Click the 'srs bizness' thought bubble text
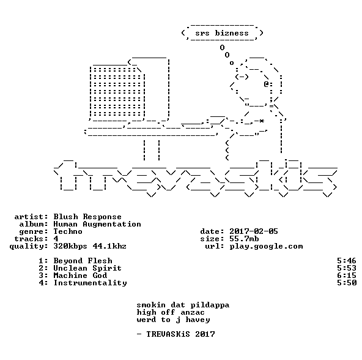222,33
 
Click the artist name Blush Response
87,217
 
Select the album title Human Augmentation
97,224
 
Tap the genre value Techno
68,231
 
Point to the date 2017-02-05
254,231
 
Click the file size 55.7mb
244,239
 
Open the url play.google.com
266,247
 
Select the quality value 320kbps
70,247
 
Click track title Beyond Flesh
83,261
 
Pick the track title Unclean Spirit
87,268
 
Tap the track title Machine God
80,276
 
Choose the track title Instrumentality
90,283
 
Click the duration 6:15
347,276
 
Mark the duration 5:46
347,261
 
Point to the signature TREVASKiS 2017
180,334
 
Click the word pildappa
210,306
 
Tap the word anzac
193,313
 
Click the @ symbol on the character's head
266,84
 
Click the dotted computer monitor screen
117,92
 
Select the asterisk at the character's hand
261,121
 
